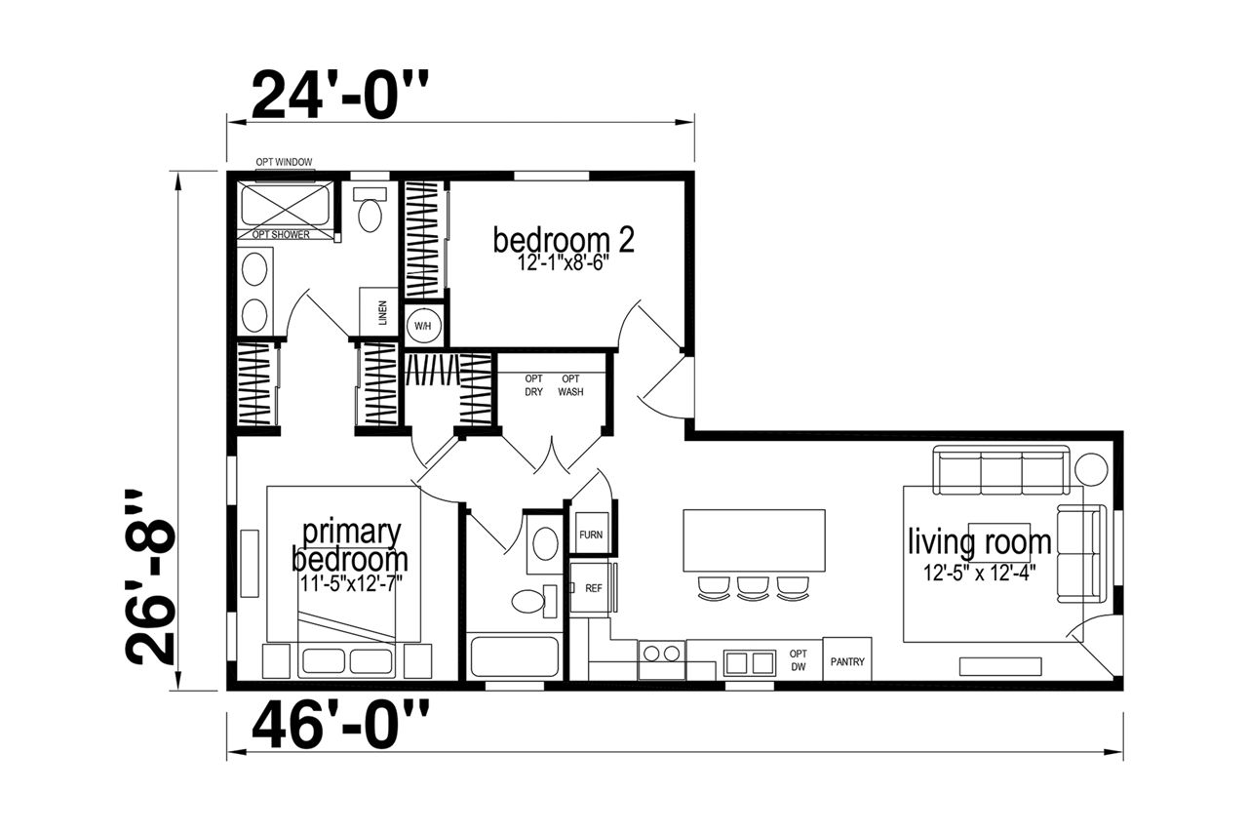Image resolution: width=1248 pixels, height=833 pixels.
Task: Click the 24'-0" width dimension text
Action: pos(340,95)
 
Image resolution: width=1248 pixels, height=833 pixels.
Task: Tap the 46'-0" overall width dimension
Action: pos(340,725)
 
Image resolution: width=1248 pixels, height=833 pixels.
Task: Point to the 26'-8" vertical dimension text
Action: pos(149,578)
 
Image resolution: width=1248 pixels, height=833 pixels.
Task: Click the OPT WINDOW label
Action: pos(284,162)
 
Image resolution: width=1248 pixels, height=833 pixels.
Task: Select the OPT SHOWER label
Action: pos(281,235)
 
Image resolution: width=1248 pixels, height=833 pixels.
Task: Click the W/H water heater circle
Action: pos(423,326)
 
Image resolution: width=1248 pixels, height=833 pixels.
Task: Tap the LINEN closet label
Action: pos(382,313)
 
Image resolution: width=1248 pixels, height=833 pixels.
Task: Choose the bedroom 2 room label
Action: pos(564,240)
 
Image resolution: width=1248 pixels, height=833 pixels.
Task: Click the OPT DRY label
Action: pos(533,385)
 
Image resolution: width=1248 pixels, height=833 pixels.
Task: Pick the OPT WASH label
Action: pos(570,385)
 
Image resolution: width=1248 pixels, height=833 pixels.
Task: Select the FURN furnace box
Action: pos(591,534)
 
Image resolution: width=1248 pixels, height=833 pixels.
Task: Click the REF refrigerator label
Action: pos(594,588)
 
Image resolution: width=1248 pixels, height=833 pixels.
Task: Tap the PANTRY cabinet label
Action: pos(847,662)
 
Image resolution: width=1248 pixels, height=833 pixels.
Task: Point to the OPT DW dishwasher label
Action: pos(799,660)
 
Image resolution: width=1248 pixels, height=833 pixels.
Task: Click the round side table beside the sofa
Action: pos(1091,469)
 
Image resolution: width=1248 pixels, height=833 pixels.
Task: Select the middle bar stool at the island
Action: pos(753,589)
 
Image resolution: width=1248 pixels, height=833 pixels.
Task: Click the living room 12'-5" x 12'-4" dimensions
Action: pos(980,574)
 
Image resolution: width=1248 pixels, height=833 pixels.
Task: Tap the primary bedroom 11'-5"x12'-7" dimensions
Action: pos(352,583)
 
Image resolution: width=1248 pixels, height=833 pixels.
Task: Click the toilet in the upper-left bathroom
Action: pos(370,209)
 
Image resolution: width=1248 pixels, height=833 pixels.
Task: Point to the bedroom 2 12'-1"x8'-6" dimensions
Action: pos(562,262)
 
